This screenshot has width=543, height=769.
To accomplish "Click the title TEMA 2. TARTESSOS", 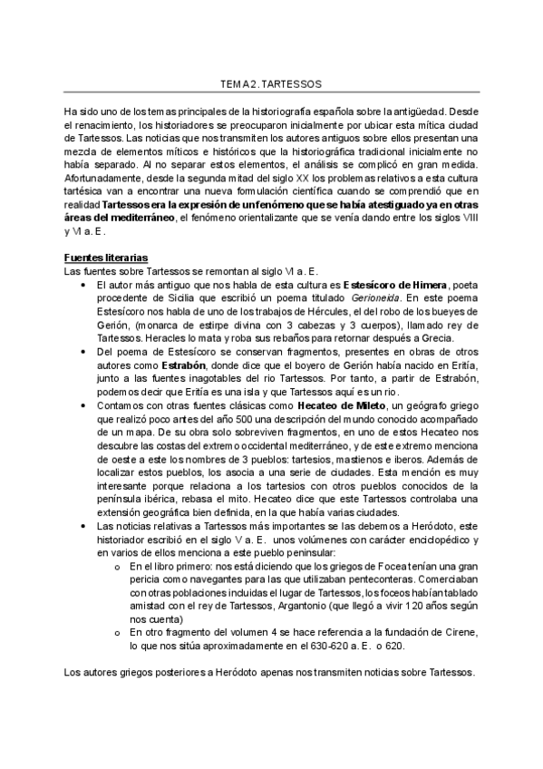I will tap(271, 83).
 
